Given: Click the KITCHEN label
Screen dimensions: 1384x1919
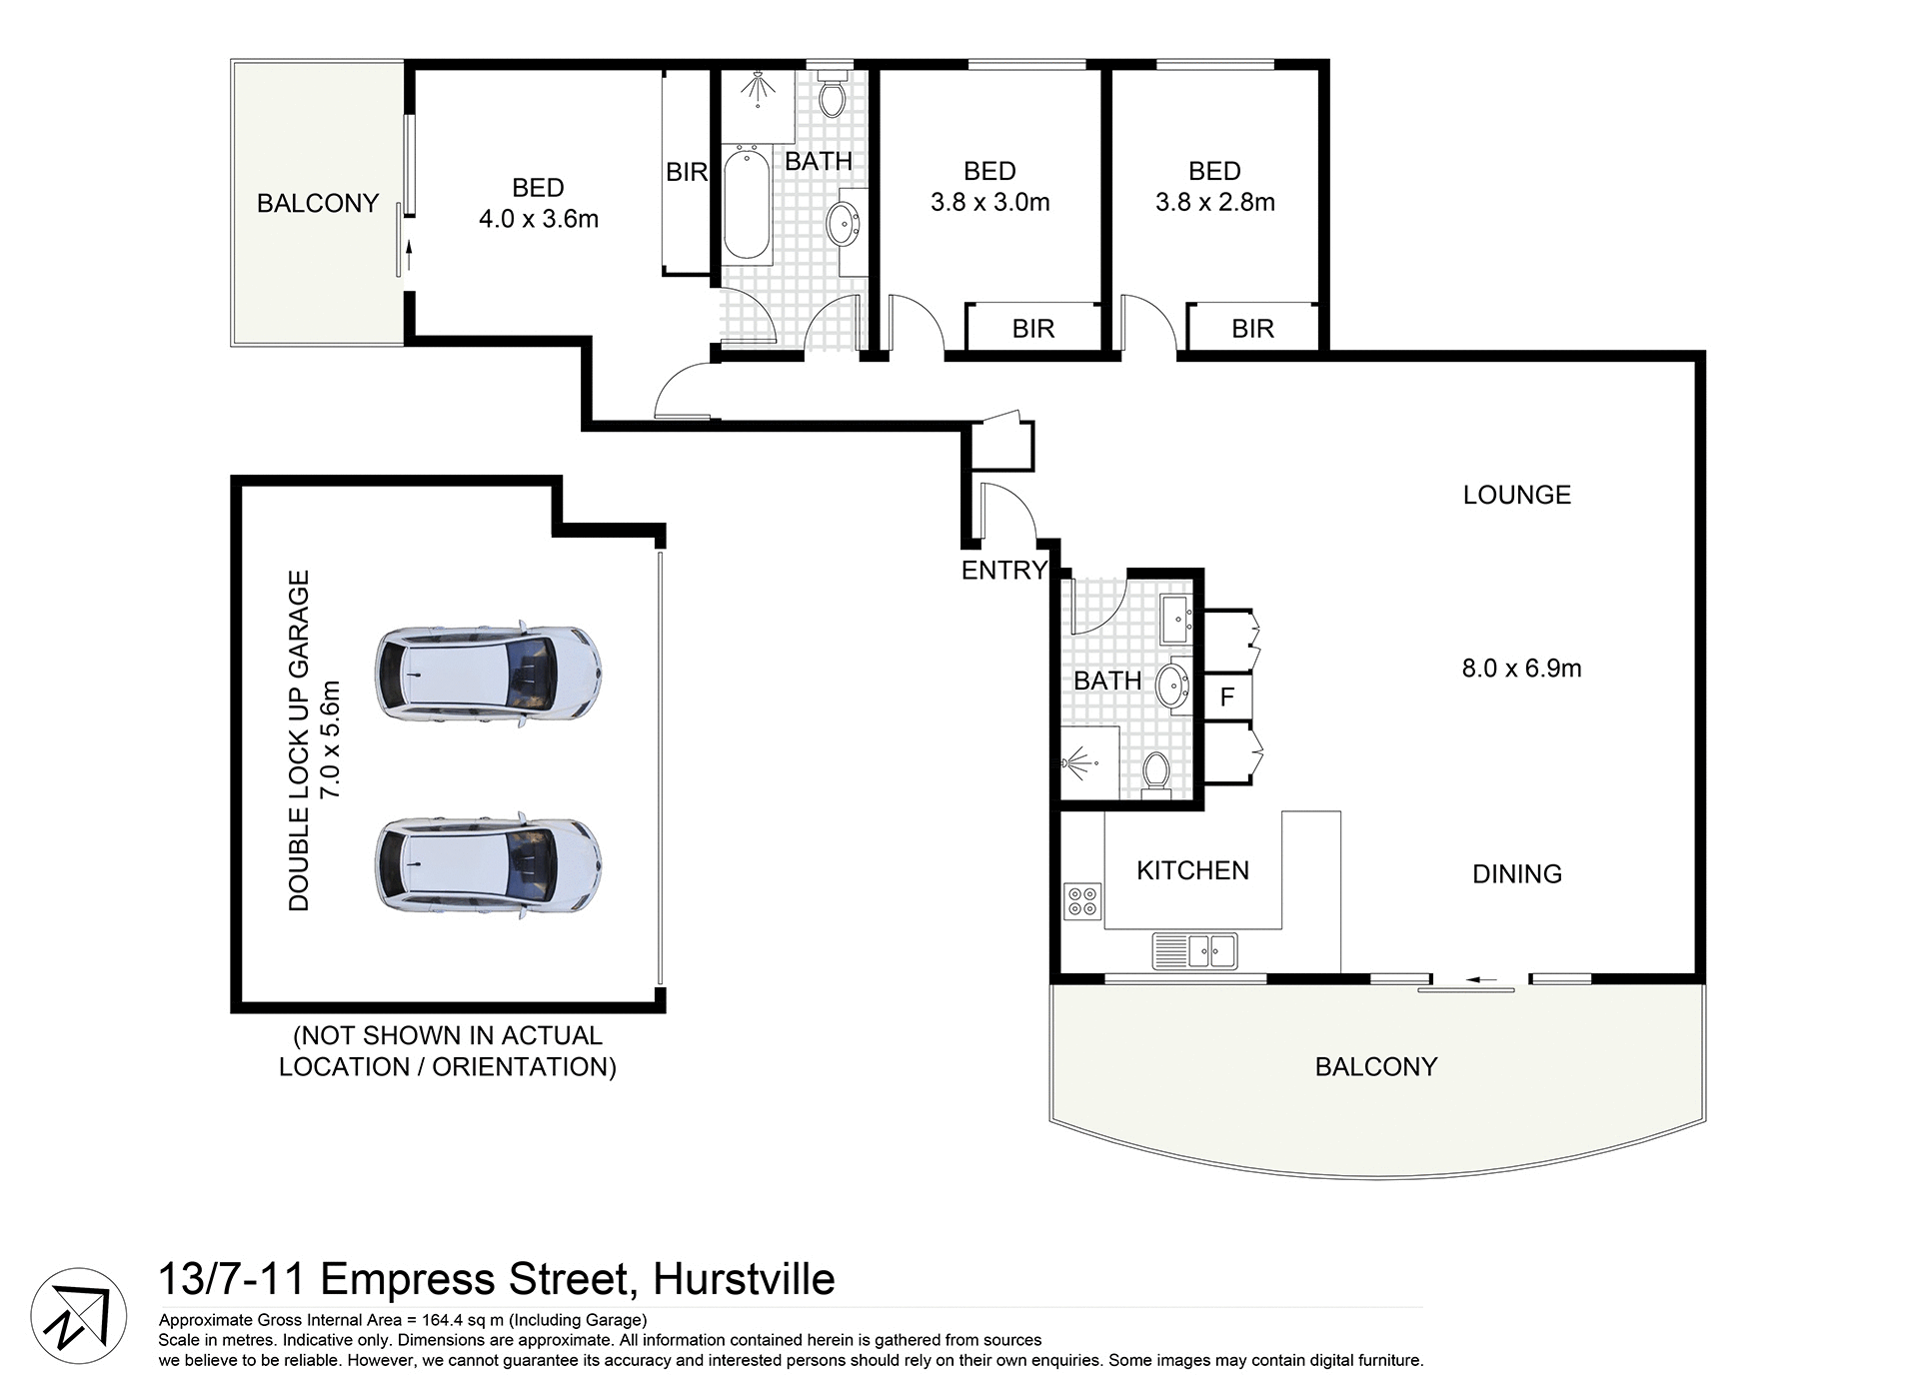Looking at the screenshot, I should [x=1192, y=870].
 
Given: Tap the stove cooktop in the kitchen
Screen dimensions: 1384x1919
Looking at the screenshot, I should [x=1082, y=901].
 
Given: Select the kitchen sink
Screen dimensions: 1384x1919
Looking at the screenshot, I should [x=1195, y=950].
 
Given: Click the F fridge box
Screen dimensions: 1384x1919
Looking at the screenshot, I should [x=1227, y=696].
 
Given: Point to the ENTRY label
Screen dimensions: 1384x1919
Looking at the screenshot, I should [x=1003, y=571].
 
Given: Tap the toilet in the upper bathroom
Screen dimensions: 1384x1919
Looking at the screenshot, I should [x=831, y=96].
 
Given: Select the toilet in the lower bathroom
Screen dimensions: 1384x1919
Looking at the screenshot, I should [x=1156, y=771].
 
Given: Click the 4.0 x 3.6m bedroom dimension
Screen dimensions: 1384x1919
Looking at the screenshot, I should [x=539, y=219].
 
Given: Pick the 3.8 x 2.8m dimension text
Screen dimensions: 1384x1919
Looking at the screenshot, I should [x=1215, y=203].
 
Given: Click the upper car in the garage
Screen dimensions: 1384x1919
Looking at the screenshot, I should [x=488, y=675].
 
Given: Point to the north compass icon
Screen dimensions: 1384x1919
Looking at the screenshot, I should [x=79, y=1316].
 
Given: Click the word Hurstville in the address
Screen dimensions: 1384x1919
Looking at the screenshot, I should [x=745, y=1280].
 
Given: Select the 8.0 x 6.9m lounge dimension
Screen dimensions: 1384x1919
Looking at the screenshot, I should [x=1521, y=669].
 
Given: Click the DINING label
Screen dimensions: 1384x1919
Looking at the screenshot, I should [x=1516, y=874].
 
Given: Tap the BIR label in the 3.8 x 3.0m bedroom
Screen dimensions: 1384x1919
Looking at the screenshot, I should [x=1032, y=329].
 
